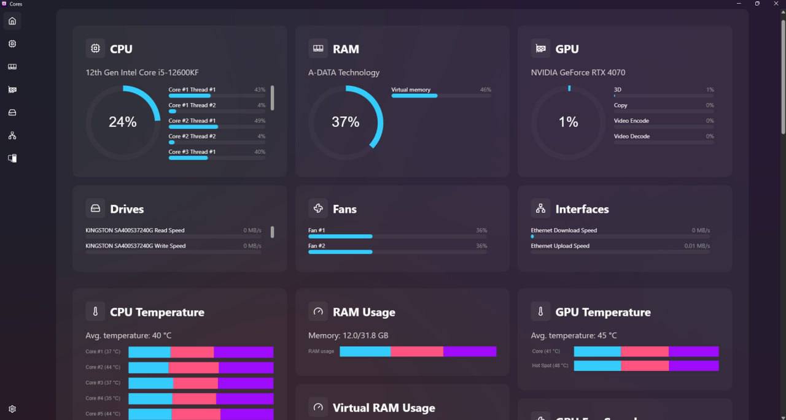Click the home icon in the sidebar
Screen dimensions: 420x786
(x=12, y=21)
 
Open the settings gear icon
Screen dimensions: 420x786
(x=12, y=409)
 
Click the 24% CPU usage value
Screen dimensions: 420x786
(x=123, y=122)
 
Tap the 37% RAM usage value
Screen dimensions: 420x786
(x=345, y=122)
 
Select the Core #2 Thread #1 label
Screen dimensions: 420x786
(x=192, y=121)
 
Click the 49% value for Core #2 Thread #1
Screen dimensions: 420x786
(x=260, y=121)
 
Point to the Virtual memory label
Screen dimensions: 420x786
(x=411, y=90)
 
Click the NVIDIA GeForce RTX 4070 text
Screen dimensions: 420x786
(x=578, y=72)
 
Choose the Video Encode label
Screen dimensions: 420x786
(x=631, y=121)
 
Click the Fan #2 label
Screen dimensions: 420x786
(x=317, y=246)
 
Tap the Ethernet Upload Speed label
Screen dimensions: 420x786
(x=560, y=246)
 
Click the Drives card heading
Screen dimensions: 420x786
(x=126, y=209)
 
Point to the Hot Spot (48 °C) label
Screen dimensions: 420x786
(x=550, y=365)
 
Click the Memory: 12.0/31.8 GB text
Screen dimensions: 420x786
(x=348, y=335)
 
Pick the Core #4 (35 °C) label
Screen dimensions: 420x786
(x=103, y=398)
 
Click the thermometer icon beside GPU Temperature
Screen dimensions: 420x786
(x=540, y=312)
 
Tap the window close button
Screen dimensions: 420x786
(x=776, y=4)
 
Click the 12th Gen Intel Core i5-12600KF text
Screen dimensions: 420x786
(x=142, y=72)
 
